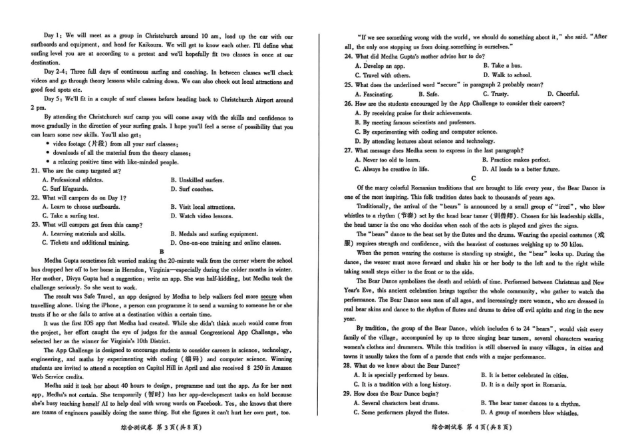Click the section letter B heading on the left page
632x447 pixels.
pos(162,251)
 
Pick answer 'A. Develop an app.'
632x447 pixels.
pos(380,66)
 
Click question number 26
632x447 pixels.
pos(348,104)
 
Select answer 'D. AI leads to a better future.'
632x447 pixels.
pos(522,169)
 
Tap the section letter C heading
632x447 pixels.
pos(473,178)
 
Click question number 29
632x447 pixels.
pos(348,393)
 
